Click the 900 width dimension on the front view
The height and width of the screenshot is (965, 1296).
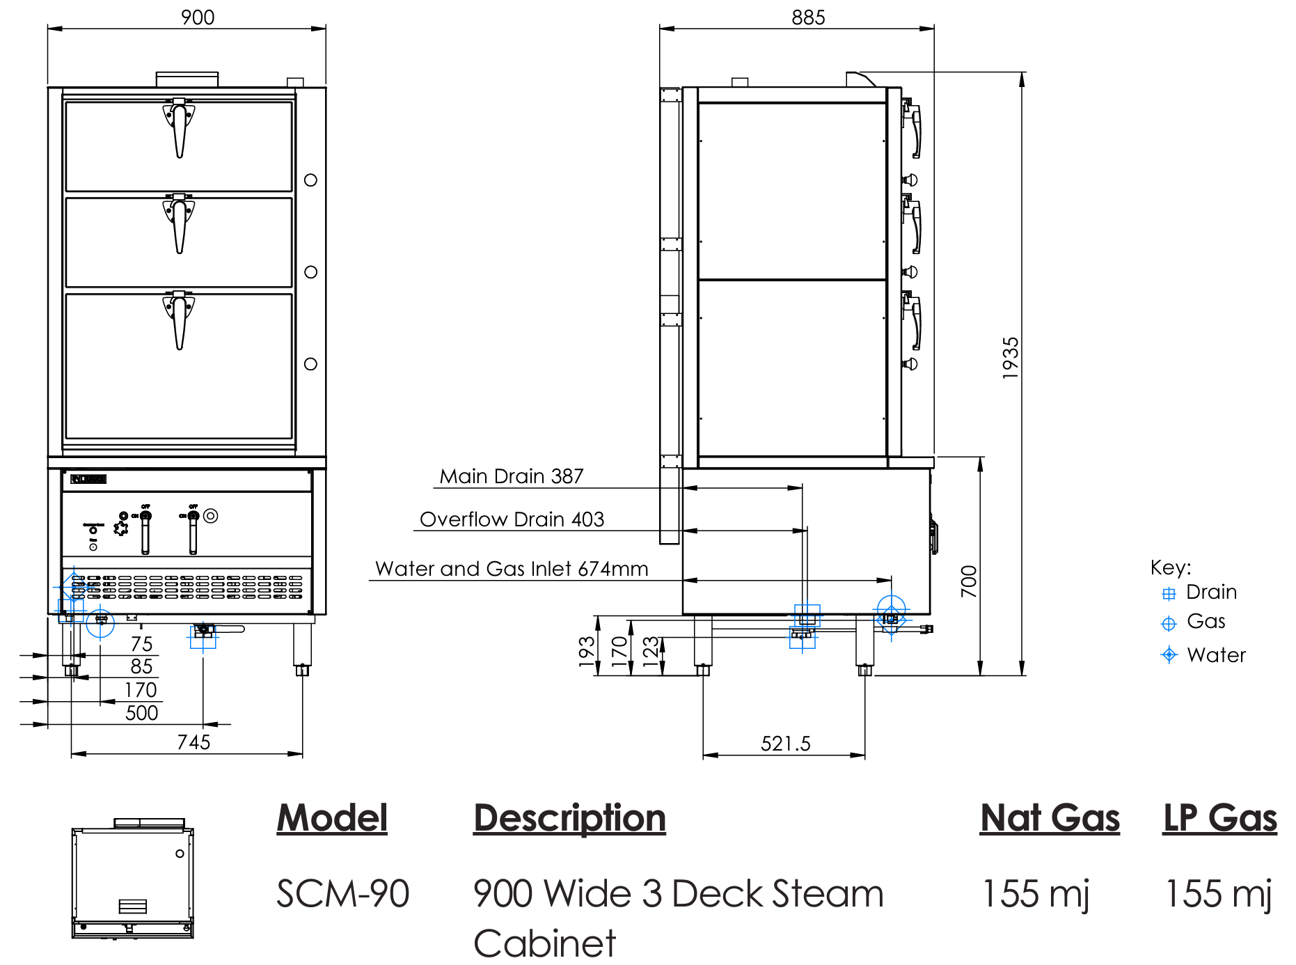pos(198,17)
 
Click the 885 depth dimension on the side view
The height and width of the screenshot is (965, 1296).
pos(808,17)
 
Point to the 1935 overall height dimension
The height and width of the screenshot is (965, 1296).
pos(1011,358)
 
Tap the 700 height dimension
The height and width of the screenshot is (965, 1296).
pos(969,581)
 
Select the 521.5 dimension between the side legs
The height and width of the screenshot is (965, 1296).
pos(785,744)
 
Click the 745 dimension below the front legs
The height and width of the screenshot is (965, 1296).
pos(193,742)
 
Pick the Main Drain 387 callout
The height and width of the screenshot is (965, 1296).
pos(512,476)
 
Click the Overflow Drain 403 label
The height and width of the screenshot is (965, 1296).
pos(512,519)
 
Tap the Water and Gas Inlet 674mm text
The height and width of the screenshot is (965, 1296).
pos(512,569)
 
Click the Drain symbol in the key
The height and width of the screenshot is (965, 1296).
pos(1169,594)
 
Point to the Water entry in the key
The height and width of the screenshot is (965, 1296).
pos(1215,655)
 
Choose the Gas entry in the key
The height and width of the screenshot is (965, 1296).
pos(1206,621)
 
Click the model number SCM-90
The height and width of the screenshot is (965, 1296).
pos(342,894)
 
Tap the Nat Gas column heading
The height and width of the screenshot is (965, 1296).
pos(1050,817)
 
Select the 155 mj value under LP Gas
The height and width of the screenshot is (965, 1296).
pos(1218,894)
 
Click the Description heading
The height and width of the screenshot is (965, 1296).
pos(569,817)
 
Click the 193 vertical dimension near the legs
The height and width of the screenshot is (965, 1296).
pos(587,652)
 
